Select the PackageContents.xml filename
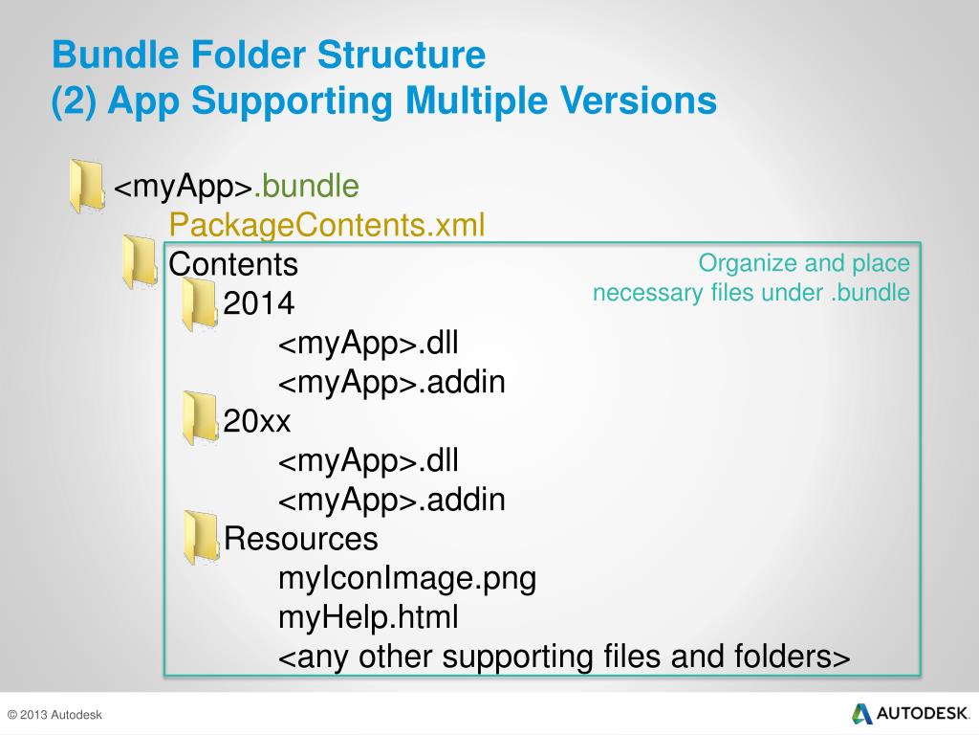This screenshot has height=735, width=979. point(327,226)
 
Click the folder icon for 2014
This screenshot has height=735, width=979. point(200,304)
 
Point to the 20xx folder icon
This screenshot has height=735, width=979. point(200,418)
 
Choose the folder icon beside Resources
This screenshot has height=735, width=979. point(200,537)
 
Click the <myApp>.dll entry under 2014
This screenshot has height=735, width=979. point(368,344)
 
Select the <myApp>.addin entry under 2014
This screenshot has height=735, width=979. point(391,383)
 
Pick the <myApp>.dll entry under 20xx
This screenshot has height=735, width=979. point(368,461)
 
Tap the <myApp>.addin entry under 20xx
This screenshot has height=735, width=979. point(391,501)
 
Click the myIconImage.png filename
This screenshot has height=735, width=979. point(406,579)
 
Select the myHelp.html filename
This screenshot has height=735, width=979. point(368,618)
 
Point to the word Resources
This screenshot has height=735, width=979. point(301,539)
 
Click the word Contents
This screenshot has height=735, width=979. point(233,263)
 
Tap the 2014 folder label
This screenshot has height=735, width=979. point(259,303)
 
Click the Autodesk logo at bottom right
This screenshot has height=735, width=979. point(910,714)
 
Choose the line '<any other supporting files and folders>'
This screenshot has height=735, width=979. point(564,658)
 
